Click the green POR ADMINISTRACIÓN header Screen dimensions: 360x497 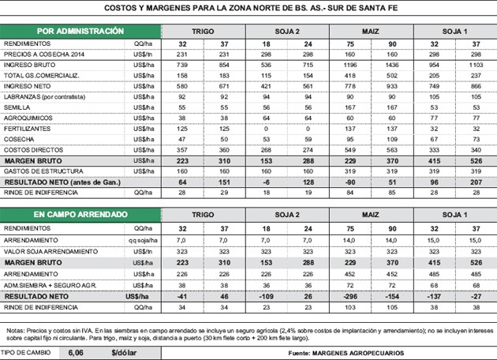[x=69, y=31]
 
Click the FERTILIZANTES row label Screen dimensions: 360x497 [x=28, y=127]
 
